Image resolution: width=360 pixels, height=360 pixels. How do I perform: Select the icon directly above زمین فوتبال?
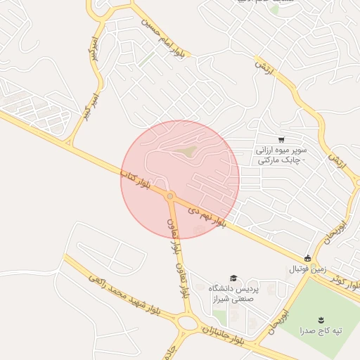coord(307,257)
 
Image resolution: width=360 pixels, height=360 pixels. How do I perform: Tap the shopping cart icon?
coord(281,139)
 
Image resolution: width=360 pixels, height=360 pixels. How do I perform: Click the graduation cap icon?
coord(233,278)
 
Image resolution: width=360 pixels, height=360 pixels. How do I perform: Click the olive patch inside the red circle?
coord(186,150)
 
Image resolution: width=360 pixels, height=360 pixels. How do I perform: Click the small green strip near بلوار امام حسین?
coord(146,60)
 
